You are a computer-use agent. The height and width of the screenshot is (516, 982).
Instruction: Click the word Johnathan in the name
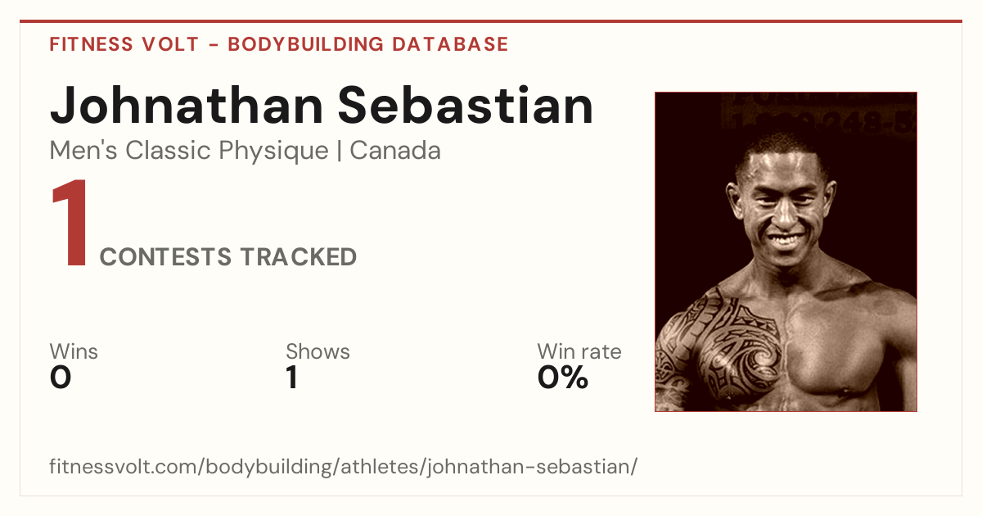[x=187, y=106]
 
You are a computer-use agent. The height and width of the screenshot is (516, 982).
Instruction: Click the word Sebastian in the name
[x=466, y=106]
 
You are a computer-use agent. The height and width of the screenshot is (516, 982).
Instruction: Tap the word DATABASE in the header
[x=450, y=44]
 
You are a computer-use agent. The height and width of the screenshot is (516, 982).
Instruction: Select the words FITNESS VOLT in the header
[x=124, y=44]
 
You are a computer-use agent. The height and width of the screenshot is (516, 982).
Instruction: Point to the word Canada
[x=395, y=151]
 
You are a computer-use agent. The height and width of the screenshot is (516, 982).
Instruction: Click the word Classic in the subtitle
[x=169, y=151]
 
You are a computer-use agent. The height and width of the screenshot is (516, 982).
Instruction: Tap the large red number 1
[x=70, y=222]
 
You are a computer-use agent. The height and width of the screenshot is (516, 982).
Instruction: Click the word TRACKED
[x=299, y=257]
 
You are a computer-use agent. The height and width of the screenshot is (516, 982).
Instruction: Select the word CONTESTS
[x=165, y=257]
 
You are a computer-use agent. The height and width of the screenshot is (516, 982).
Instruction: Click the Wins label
[x=74, y=351]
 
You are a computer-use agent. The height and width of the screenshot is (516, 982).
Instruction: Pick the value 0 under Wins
[x=61, y=378]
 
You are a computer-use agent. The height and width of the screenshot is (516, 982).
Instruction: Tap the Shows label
[x=318, y=351]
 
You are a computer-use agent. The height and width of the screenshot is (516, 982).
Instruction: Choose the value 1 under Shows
[x=292, y=378]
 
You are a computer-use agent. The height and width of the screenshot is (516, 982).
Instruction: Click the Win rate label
[x=579, y=351]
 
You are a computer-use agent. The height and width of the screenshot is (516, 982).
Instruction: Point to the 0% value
[x=563, y=378]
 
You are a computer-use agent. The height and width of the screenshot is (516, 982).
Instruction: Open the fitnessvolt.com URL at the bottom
[x=343, y=466]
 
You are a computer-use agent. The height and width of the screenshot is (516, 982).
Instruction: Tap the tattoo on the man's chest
[x=727, y=346]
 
